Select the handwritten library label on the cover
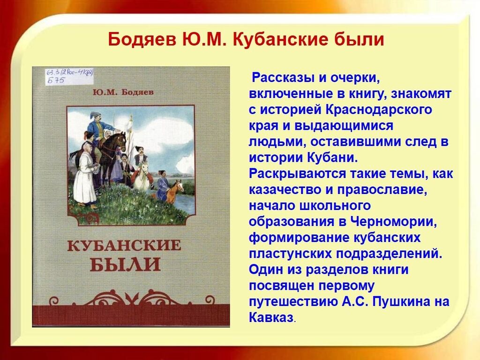69,76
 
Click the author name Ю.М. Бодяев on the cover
123,92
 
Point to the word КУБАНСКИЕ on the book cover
124,246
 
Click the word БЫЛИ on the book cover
125,264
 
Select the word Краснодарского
378,110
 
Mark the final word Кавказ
271,317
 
